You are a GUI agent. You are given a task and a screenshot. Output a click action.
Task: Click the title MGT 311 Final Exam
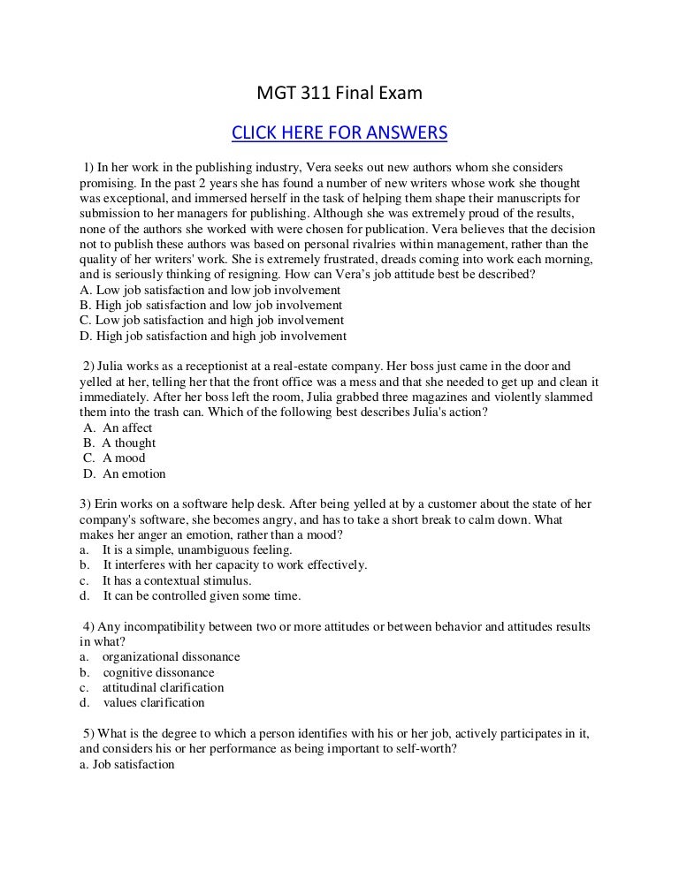(339, 93)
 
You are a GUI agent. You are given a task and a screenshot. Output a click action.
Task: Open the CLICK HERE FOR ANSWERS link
(339, 133)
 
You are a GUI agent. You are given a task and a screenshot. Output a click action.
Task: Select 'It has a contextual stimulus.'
(177, 580)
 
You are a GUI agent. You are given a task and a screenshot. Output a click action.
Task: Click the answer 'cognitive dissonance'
(158, 672)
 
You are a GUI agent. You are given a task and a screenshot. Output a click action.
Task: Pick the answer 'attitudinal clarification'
(163, 687)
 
